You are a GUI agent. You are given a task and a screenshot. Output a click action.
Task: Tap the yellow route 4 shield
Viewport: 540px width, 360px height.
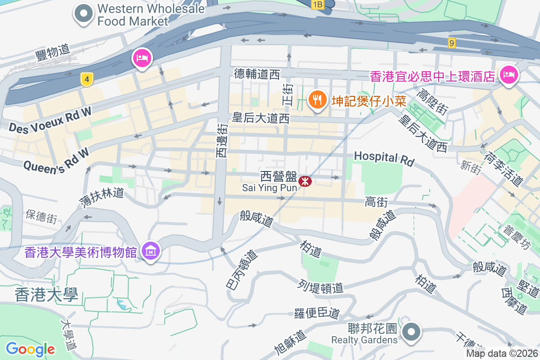pos(87,80)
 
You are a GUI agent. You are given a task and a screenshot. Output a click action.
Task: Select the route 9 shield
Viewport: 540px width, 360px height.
pos(452,43)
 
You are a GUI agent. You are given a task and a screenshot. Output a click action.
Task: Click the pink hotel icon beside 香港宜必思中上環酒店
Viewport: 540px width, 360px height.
pos(509,74)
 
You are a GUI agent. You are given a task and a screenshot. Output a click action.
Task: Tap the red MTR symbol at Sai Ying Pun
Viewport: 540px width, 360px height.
pos(305,181)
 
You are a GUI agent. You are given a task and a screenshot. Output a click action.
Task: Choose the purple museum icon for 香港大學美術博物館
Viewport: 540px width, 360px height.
pos(150,251)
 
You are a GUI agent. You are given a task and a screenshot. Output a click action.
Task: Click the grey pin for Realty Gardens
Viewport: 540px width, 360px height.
pos(410,333)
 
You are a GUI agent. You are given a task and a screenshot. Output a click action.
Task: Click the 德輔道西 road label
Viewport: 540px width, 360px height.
pos(257,74)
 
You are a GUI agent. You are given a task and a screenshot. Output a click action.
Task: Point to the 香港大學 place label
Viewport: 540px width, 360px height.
pos(46,295)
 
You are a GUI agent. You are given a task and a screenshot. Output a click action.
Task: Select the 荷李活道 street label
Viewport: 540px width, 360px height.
pos(504,169)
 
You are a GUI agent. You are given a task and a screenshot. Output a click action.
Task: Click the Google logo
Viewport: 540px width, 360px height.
pos(30,349)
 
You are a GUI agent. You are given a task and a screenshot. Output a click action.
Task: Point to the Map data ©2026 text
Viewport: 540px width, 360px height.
pos(501,354)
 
